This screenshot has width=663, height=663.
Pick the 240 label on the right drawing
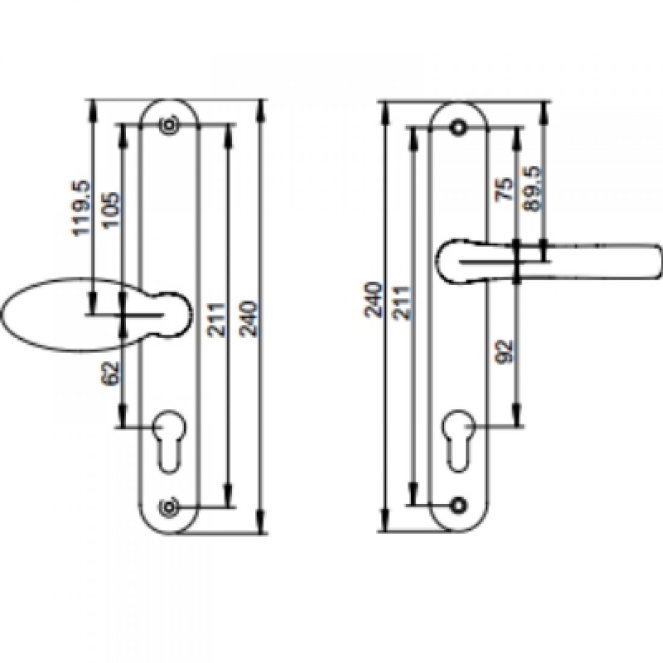pyautogui.click(x=373, y=300)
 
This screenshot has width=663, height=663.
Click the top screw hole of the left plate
pyautogui.click(x=168, y=125)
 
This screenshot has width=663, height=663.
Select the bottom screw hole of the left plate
pyautogui.click(x=168, y=506)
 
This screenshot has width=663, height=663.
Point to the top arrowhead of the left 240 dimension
pyautogui.click(x=261, y=108)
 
